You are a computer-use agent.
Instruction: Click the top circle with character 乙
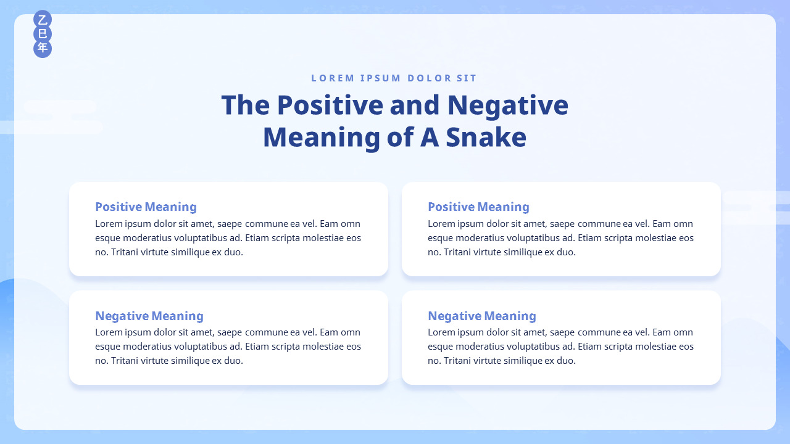(x=43, y=19)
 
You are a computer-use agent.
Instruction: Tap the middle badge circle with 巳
(x=43, y=34)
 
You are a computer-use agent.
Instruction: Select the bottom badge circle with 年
(x=43, y=48)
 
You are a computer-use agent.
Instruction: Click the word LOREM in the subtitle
(x=333, y=78)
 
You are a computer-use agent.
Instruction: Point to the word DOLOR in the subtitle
(x=430, y=78)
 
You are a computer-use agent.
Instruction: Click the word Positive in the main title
(x=330, y=105)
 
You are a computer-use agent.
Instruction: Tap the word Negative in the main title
(x=508, y=105)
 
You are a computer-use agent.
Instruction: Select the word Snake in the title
(x=486, y=137)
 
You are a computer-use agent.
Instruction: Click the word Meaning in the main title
(x=322, y=138)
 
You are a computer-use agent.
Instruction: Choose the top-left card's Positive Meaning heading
(x=146, y=207)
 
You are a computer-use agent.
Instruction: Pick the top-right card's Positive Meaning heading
(x=478, y=207)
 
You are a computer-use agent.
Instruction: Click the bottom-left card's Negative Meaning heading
(x=149, y=316)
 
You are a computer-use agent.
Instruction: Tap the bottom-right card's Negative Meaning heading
(x=482, y=316)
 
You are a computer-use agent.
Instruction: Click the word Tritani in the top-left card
(x=125, y=252)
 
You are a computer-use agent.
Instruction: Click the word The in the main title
(x=246, y=105)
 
